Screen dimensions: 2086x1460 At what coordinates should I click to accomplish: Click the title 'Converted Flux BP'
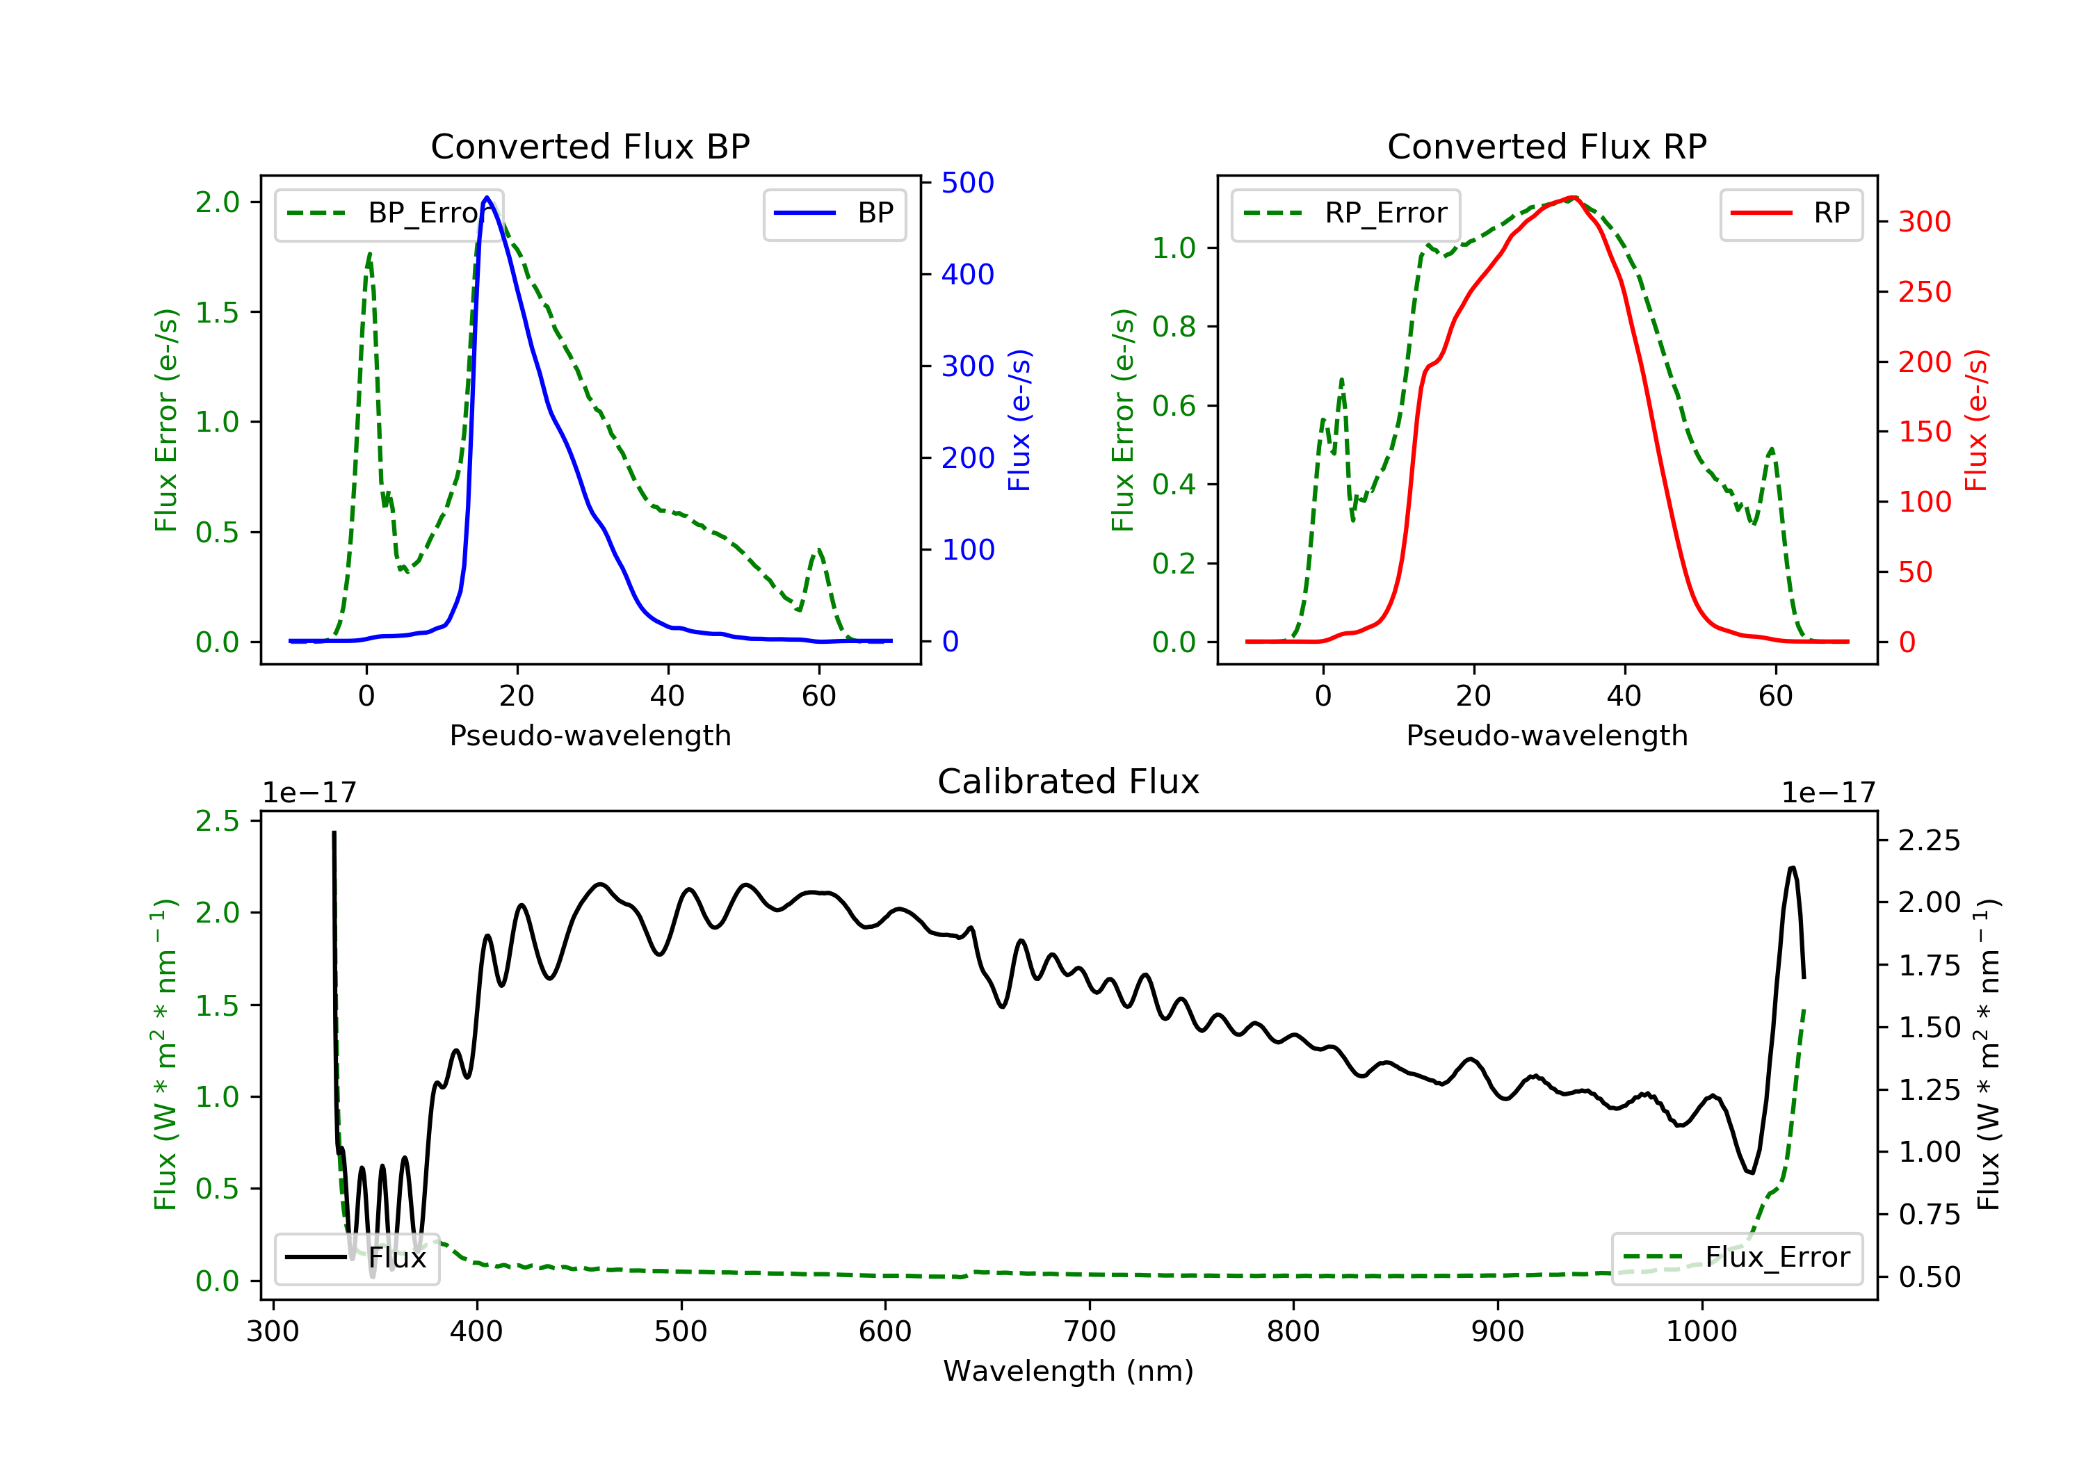[590, 146]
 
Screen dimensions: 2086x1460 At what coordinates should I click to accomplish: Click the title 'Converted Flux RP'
[1547, 146]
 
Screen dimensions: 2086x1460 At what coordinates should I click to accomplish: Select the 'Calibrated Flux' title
[1069, 781]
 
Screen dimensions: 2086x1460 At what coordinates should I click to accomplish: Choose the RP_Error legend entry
[1345, 213]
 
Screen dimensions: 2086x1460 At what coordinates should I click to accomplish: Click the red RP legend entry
[1790, 213]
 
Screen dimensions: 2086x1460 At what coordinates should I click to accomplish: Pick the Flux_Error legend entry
[1736, 1258]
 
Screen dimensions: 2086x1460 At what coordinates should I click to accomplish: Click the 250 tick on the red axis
[1924, 291]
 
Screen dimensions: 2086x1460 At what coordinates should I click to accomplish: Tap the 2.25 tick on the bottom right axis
[1929, 841]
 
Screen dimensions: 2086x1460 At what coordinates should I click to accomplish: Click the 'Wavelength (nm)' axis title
[1069, 1371]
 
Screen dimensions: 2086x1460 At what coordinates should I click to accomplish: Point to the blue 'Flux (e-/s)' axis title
[1019, 421]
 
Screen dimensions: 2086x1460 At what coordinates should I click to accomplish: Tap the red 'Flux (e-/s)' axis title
[1976, 421]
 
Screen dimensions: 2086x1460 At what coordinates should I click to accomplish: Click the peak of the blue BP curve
[487, 197]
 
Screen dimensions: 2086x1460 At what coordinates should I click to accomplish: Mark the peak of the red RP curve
[1573, 197]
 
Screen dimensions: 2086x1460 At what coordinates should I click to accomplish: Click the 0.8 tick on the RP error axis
[1173, 327]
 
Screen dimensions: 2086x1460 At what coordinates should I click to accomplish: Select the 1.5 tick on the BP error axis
[216, 313]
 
